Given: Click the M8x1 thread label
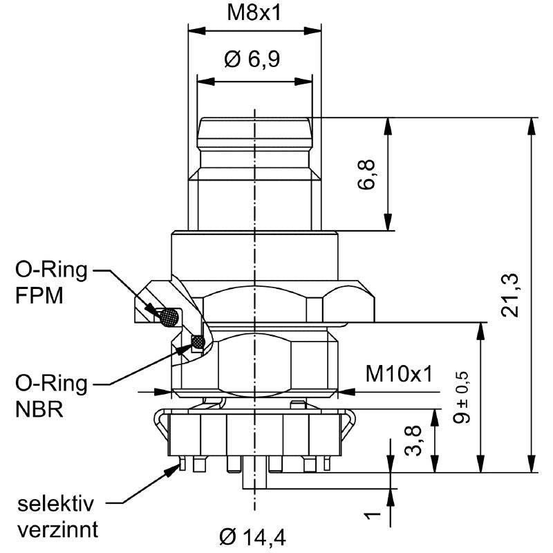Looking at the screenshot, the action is [x=254, y=13].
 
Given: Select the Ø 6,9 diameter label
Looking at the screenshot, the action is [x=252, y=59].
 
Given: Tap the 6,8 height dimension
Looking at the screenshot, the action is [x=367, y=175].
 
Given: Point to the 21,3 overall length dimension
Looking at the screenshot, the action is [x=510, y=295].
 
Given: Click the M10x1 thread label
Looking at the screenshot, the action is [x=399, y=374].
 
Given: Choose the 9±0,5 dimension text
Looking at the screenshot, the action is [x=461, y=397].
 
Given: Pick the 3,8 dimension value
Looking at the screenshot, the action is [x=413, y=441].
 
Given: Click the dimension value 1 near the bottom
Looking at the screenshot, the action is [x=373, y=516].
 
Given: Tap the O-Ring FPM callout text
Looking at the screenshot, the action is [x=51, y=283].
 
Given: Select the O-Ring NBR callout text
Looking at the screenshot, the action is [x=51, y=396].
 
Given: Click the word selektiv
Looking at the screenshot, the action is [x=56, y=504].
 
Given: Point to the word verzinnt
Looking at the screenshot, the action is [x=58, y=529].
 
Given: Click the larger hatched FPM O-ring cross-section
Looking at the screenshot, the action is [x=169, y=317].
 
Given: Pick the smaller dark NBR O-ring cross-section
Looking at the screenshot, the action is [x=198, y=341].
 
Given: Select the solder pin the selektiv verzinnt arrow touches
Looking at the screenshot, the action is [x=182, y=463].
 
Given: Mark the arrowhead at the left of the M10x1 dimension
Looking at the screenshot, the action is [x=162, y=391].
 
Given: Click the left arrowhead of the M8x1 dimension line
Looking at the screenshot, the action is [x=197, y=30].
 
